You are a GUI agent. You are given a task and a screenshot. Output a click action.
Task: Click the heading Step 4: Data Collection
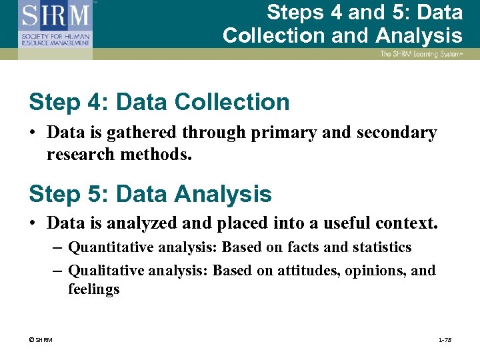coord(159,102)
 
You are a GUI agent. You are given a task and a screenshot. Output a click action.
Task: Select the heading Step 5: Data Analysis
coord(150,194)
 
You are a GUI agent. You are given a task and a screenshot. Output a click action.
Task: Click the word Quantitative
coord(109,247)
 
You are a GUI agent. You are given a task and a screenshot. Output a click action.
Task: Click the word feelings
coord(93,289)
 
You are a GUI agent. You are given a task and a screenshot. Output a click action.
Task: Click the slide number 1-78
coord(445,341)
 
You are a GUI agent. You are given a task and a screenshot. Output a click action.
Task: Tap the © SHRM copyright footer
coord(41,341)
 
